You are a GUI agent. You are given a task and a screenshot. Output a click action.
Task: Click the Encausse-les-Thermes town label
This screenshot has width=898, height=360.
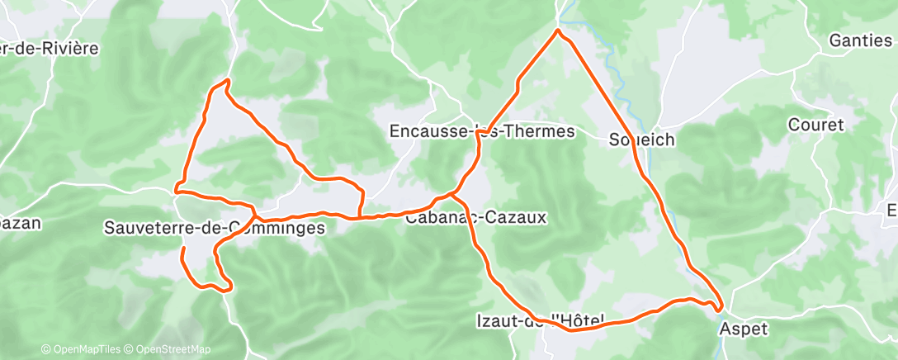point(481,132)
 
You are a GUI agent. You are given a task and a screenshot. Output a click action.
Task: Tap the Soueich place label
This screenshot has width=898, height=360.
point(642,140)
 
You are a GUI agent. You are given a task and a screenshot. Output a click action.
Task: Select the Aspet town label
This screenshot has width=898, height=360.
point(743,329)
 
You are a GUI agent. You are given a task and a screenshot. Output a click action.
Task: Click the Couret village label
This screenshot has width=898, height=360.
point(815,126)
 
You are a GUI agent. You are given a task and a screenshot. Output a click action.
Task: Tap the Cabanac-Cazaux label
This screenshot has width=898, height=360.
point(476,217)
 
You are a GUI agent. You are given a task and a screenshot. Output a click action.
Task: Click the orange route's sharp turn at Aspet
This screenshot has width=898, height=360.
point(721,308)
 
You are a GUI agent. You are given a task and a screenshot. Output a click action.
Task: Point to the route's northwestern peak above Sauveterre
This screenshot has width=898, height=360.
point(225,81)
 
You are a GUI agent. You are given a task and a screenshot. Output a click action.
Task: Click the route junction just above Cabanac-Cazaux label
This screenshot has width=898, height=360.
point(451,196)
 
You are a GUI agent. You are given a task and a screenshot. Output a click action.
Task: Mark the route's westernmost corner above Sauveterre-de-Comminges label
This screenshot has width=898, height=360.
point(176,193)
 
